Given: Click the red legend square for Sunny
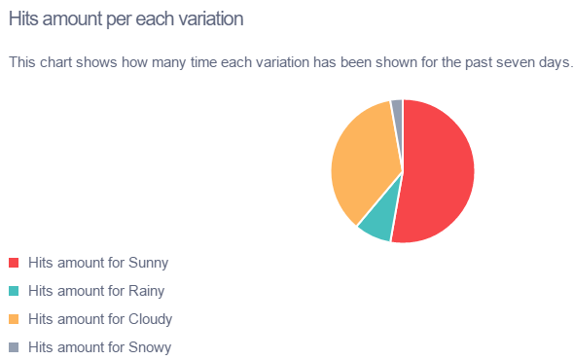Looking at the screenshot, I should [x=14, y=263].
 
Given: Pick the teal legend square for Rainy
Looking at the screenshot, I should [x=14, y=291].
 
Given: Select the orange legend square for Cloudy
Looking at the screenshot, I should [x=14, y=319].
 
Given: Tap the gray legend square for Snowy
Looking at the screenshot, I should [x=14, y=347].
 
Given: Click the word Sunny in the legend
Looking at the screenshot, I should [x=149, y=263].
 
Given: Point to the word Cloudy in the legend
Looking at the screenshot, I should [x=151, y=319].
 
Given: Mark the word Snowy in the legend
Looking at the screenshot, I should [x=150, y=347].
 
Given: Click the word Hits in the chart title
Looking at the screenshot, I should [x=23, y=18].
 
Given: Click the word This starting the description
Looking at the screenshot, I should [x=22, y=62].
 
